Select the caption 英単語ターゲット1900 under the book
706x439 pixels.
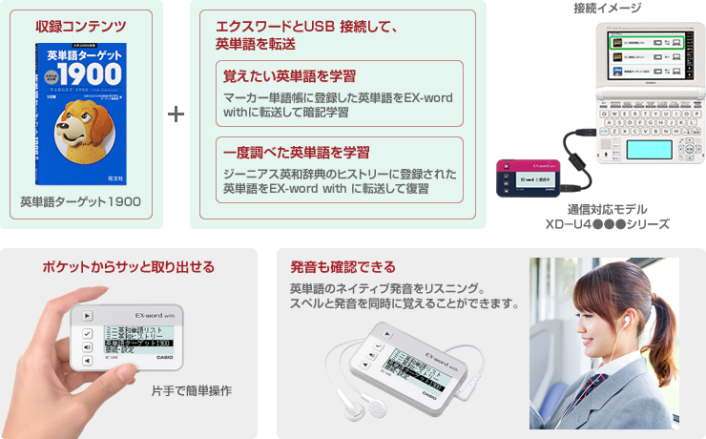tap(81, 201)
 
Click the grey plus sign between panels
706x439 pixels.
tap(176, 115)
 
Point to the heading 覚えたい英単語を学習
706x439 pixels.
tap(276, 75)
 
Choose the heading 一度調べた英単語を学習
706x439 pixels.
tap(282, 153)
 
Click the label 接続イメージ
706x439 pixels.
tap(608, 9)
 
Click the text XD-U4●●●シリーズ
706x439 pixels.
tap(607, 224)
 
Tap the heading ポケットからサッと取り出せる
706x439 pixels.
tap(128, 266)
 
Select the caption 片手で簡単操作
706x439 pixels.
tap(192, 390)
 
